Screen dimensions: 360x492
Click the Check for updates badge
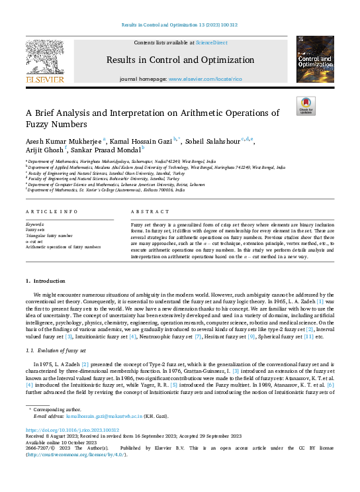[306, 107]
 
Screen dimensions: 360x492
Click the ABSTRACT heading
[146, 211]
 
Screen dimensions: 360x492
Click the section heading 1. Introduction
[46, 281]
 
